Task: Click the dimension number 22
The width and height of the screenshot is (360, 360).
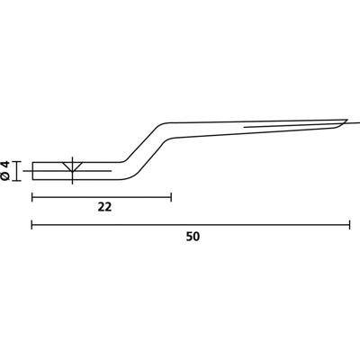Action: (103, 206)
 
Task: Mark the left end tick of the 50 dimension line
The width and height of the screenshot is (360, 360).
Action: (32, 224)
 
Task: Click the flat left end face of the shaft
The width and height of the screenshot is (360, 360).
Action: (32, 169)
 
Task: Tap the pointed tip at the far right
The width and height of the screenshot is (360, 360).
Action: (347, 120)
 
